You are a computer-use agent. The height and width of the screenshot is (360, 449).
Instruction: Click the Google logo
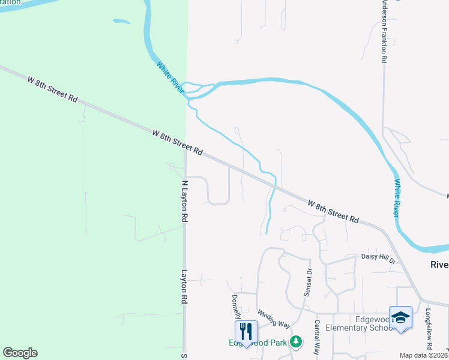coord(20,353)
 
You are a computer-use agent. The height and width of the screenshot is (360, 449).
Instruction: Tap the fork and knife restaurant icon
coord(246,331)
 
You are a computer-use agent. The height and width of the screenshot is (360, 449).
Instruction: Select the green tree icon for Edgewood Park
coord(295,341)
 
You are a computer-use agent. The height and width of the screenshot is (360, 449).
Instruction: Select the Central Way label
coord(317,337)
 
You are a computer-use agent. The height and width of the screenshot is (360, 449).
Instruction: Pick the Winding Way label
coord(274,319)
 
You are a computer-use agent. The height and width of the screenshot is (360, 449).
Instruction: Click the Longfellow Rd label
coord(429,329)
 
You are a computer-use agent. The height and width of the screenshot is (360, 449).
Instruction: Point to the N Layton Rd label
coord(184,202)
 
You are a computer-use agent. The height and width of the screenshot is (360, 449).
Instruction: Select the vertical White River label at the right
coord(396,199)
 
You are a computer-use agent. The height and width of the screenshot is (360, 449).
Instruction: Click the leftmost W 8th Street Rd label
coord(53,88)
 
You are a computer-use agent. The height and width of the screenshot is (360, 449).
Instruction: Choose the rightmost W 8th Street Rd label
coord(333,212)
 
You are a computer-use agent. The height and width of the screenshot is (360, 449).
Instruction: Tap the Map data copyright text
coord(424,355)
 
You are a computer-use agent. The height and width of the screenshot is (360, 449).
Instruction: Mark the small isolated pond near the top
coord(121,22)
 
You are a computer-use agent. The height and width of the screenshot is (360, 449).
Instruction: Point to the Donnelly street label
coord(236,306)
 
